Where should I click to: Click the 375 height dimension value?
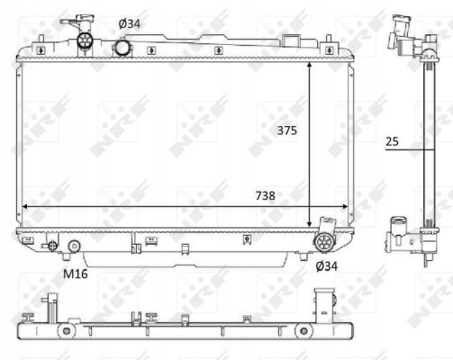[x=286, y=130]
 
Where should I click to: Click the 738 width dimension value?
[x=266, y=196]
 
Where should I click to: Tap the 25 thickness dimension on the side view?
[x=392, y=141]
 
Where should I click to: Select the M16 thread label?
[x=76, y=274]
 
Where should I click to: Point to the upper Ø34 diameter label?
[x=130, y=23]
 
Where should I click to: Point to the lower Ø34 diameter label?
[x=327, y=266]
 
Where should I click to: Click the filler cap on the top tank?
[x=86, y=40]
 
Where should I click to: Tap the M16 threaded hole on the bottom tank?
[x=74, y=246]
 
